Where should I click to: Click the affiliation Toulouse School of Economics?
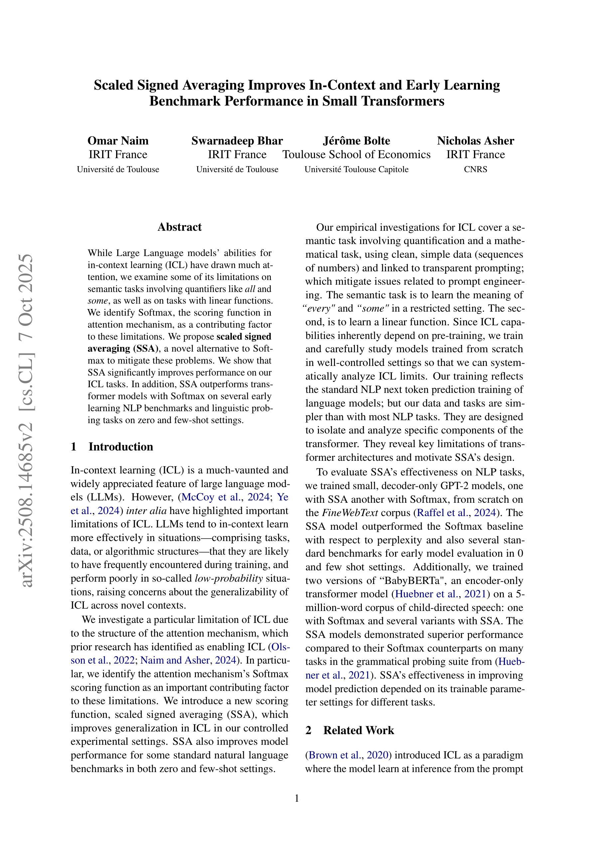356,154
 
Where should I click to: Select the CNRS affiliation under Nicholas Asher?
475,169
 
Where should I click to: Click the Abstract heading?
179,227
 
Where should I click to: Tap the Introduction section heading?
120,446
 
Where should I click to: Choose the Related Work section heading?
358,730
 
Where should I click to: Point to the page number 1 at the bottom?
297,798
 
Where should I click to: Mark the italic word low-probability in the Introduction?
229,578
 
